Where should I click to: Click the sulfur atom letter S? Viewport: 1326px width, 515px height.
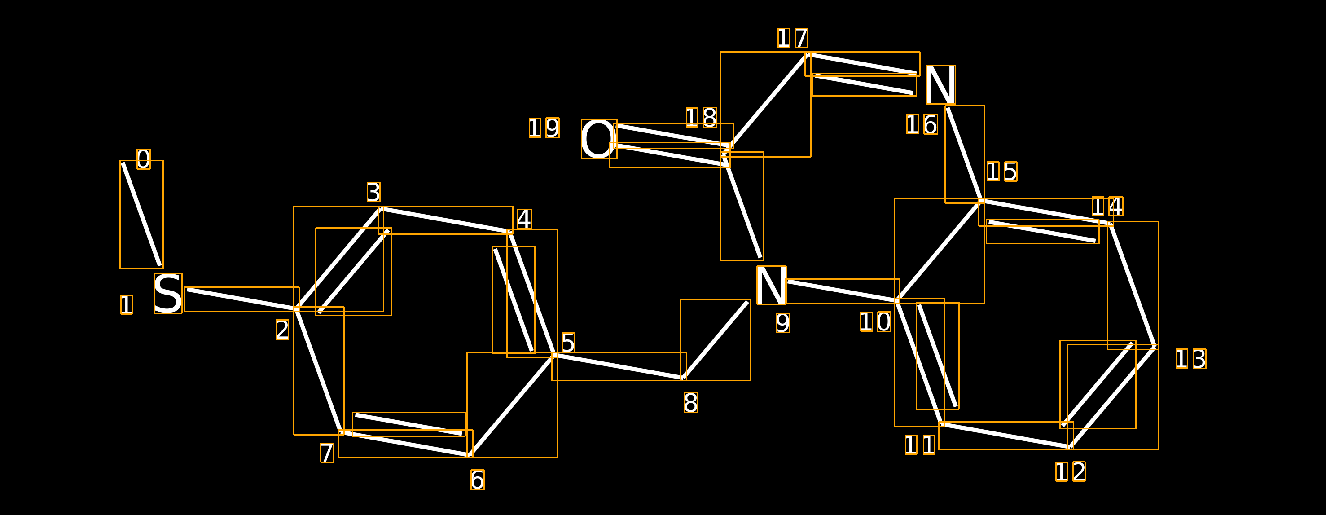click(x=168, y=293)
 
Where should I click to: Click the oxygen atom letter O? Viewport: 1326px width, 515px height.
click(x=599, y=139)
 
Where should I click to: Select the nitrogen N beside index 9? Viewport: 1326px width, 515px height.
click(x=771, y=285)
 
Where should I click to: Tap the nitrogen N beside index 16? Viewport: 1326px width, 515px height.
click(x=940, y=85)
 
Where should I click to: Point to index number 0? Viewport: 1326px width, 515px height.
click(x=144, y=159)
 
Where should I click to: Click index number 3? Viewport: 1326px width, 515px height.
click(x=374, y=192)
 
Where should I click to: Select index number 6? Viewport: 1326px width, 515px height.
click(x=477, y=480)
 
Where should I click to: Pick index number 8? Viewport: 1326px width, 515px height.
click(x=691, y=402)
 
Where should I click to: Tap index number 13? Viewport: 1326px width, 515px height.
click(x=1190, y=358)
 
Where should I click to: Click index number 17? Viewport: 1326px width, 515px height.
click(x=793, y=38)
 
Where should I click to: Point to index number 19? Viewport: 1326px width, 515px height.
click(x=544, y=128)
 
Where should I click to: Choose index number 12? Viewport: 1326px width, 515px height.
click(x=1071, y=471)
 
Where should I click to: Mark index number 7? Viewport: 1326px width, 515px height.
click(x=327, y=453)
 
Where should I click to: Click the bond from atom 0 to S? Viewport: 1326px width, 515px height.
click(x=141, y=214)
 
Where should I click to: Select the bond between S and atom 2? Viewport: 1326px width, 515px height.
click(x=242, y=299)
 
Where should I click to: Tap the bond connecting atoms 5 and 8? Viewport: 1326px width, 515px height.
click(x=619, y=367)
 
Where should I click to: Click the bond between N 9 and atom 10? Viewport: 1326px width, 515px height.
click(x=842, y=291)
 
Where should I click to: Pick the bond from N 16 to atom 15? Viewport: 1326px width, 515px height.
click(x=964, y=154)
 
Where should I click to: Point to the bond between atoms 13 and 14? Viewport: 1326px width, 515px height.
click(x=1133, y=285)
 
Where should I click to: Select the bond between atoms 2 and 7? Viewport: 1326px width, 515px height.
click(x=319, y=371)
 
